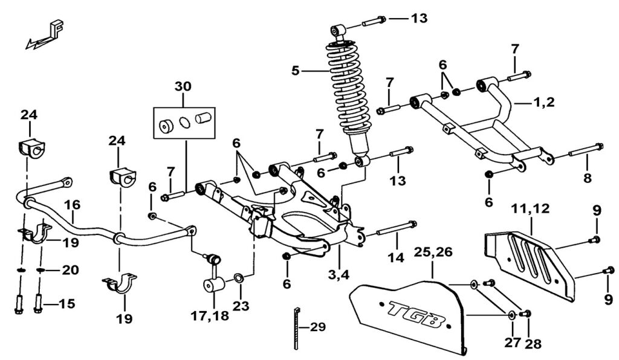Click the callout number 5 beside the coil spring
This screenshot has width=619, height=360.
click(x=296, y=71)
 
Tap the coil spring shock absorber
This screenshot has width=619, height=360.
click(x=348, y=91)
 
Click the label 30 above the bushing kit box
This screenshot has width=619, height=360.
click(x=183, y=86)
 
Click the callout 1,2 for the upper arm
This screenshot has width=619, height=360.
click(x=543, y=103)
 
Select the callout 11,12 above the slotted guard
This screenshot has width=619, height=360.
click(x=530, y=210)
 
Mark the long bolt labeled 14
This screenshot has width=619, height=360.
click(x=397, y=230)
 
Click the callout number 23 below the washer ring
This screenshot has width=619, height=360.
click(x=241, y=306)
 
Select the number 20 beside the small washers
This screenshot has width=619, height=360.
click(x=71, y=269)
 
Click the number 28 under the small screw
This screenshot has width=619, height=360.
click(x=534, y=344)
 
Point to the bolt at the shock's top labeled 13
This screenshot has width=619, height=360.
click(x=375, y=22)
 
